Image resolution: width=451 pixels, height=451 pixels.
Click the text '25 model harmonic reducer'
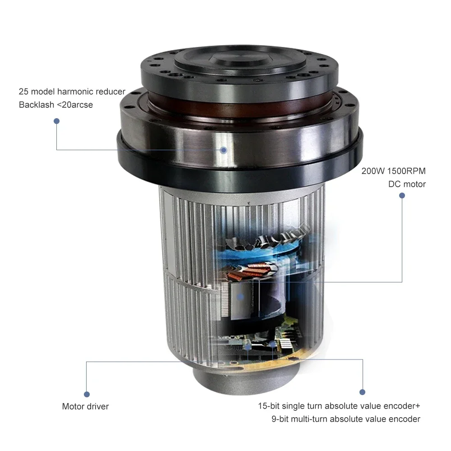(72, 92)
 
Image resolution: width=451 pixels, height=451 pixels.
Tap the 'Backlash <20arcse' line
(56, 105)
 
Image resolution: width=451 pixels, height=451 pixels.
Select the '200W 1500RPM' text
(393, 171)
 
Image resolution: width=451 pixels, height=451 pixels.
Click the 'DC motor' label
(407, 184)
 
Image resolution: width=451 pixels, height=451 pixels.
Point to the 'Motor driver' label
(85, 406)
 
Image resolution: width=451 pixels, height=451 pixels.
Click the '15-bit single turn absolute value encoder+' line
(339, 406)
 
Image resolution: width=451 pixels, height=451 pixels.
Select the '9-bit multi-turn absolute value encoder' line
(346, 419)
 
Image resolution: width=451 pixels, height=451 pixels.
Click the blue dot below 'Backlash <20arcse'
(57, 121)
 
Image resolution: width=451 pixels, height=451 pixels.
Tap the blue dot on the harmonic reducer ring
(224, 150)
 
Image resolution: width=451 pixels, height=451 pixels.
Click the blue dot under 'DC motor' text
(402, 196)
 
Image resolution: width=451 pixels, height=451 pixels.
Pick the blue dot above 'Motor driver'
(87, 394)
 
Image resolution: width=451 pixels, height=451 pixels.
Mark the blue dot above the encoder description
(363, 392)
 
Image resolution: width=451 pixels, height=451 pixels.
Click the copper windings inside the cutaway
(251, 272)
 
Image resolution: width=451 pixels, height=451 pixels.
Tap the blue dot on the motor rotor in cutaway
(240, 297)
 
